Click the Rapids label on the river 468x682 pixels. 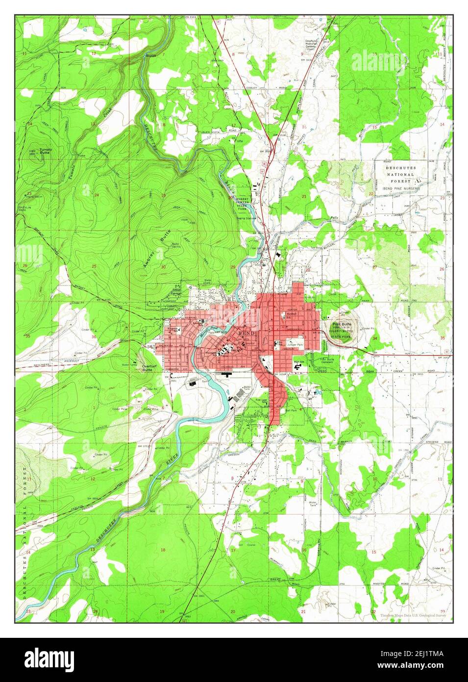(150, 56)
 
